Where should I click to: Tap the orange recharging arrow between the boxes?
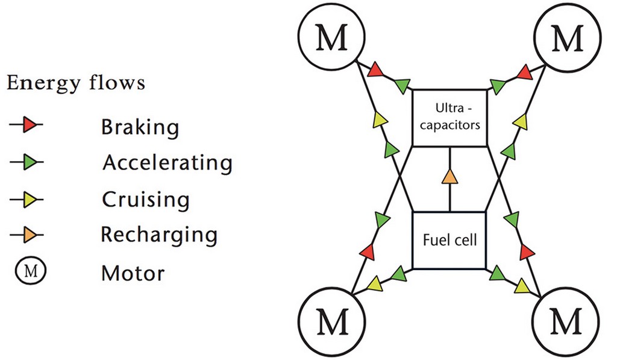coord(449,177)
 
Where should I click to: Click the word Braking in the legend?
coord(140,127)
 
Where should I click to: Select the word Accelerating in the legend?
coord(168,163)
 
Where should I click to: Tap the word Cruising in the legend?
coord(146,200)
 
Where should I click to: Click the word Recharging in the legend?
coord(159,235)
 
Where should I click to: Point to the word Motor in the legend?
coord(133,273)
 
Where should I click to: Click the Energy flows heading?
coord(76,83)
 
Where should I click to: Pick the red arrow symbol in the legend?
coord(26,125)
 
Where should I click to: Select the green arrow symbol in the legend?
coord(27,162)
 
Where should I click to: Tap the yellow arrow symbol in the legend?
coord(27,200)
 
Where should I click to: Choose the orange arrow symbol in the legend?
coord(27,235)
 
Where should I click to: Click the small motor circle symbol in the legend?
coord(31,271)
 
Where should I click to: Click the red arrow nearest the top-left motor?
coord(375,70)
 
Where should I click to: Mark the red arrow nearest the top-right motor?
coord(525,72)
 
